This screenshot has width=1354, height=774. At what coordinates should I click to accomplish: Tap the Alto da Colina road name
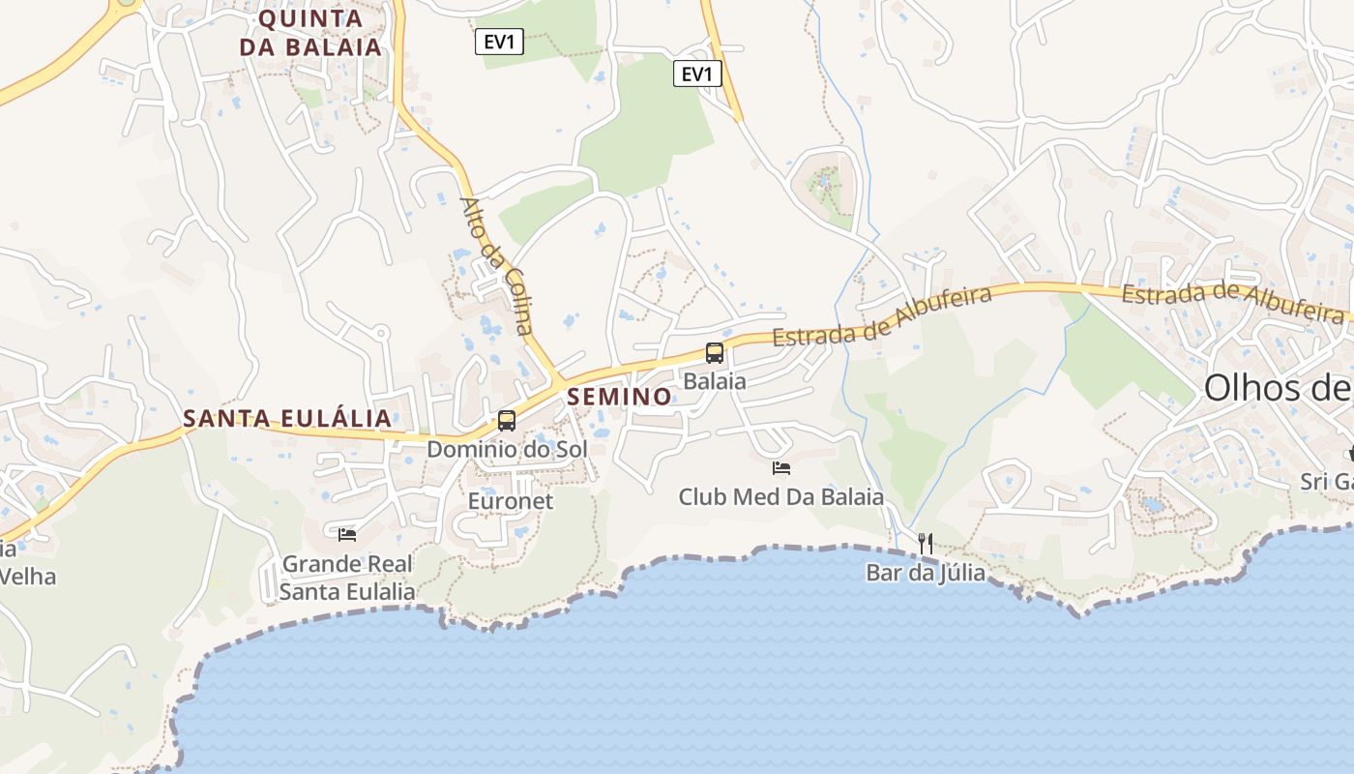pyautogui.click(x=497, y=266)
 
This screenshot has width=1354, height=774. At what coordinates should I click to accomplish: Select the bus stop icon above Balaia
pyautogui.click(x=715, y=353)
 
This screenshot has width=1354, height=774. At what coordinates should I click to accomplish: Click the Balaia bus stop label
pyautogui.click(x=715, y=381)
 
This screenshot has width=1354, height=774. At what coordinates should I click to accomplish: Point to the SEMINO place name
pyautogui.click(x=619, y=397)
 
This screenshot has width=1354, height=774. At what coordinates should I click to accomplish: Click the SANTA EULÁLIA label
pyautogui.click(x=287, y=419)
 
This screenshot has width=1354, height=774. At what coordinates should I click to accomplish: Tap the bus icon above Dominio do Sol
pyautogui.click(x=507, y=421)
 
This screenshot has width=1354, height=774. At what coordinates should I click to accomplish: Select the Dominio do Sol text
pyautogui.click(x=507, y=450)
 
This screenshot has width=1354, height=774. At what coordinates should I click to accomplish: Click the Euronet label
pyautogui.click(x=511, y=501)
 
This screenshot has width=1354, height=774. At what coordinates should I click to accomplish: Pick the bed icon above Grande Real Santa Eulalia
pyautogui.click(x=347, y=534)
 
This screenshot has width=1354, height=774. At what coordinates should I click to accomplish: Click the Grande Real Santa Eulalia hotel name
pyautogui.click(x=347, y=578)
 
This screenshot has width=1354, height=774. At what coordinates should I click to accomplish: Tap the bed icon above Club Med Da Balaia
pyautogui.click(x=781, y=468)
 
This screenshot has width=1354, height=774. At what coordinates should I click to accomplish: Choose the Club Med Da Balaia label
pyautogui.click(x=781, y=497)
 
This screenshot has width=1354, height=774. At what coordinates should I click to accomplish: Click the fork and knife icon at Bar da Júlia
pyautogui.click(x=926, y=544)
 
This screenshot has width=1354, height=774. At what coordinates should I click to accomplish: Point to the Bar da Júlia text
pyautogui.click(x=926, y=573)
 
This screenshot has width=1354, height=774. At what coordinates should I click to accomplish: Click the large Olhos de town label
pyautogui.click(x=1277, y=389)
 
